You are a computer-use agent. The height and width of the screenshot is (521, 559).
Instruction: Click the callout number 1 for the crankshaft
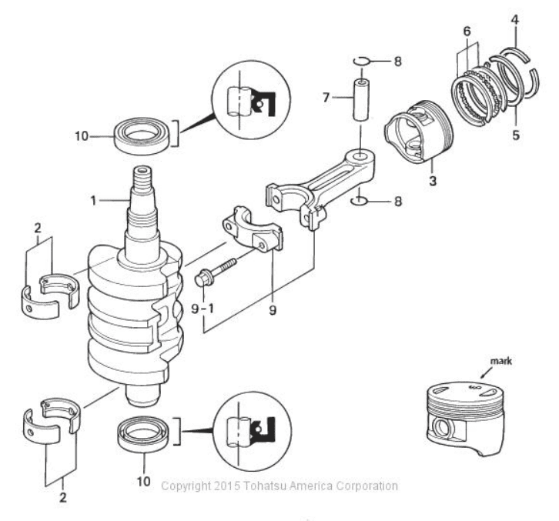tap(93, 201)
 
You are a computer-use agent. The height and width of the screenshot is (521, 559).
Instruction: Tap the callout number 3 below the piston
tap(433, 181)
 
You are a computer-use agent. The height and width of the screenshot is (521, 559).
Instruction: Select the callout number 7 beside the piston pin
tap(326, 97)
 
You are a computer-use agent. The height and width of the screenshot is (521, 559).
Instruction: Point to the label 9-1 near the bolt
tap(203, 309)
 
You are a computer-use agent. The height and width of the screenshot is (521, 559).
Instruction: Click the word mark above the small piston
tap(501, 361)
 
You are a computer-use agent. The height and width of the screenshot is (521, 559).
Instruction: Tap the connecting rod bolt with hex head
tap(216, 272)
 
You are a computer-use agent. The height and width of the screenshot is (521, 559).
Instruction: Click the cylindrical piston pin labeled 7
tap(361, 101)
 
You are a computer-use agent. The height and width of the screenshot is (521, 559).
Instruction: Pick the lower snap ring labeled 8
tap(359, 202)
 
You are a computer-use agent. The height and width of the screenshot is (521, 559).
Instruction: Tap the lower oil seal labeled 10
tap(145, 434)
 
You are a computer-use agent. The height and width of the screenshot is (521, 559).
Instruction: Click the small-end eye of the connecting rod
tap(360, 157)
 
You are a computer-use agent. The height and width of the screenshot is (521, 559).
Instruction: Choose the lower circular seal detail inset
tap(253, 431)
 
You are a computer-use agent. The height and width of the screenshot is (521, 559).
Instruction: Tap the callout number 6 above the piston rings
tap(467, 32)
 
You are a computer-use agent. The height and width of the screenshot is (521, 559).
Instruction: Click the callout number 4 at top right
tap(514, 19)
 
